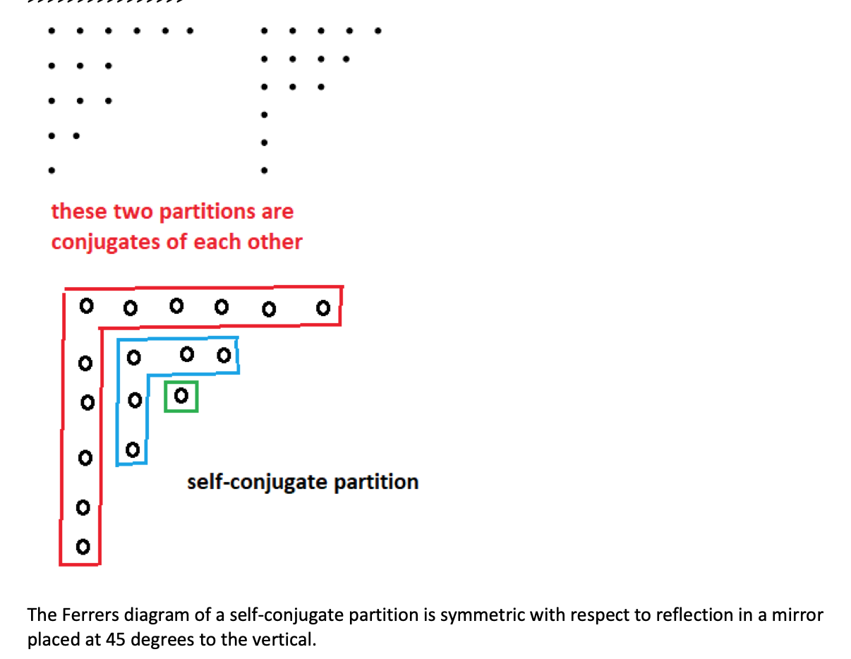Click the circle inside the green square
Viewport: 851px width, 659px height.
181,397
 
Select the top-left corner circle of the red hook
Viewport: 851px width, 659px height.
86,307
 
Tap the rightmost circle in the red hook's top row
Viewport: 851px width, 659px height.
323,308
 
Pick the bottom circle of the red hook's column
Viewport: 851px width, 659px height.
83,547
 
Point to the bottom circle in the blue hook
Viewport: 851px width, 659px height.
132,449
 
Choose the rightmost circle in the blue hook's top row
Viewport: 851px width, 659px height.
224,355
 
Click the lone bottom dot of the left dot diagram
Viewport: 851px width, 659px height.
51,170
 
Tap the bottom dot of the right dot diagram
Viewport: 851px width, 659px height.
264,170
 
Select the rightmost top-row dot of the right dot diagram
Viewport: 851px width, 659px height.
378,31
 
